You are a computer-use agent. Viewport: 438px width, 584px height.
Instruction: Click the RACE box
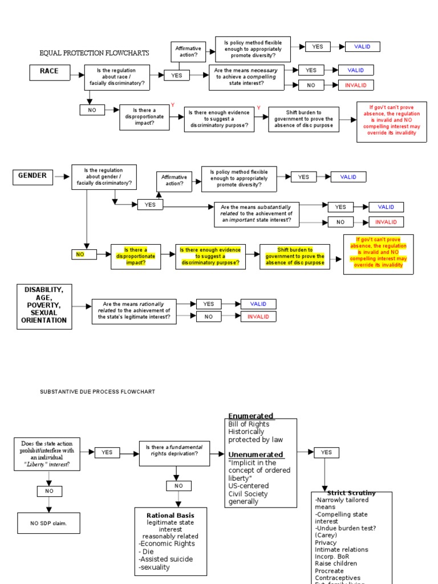point(48,72)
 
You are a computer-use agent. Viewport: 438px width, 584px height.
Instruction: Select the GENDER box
point(32,176)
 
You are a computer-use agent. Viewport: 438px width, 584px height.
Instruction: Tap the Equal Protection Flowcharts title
point(94,53)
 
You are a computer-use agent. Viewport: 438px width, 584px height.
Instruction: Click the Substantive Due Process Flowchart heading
point(97,392)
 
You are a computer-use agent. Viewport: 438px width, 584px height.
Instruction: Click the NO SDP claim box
point(48,523)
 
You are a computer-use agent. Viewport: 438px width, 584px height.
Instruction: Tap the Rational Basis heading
point(170,516)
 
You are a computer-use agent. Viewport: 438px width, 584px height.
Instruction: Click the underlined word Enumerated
point(250,416)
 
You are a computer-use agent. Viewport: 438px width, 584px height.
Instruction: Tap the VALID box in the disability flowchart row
point(258,304)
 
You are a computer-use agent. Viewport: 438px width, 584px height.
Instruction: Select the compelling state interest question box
point(246,77)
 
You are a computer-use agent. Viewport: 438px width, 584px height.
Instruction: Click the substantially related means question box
point(256,214)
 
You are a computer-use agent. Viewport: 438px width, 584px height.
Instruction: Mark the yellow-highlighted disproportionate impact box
point(136,257)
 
